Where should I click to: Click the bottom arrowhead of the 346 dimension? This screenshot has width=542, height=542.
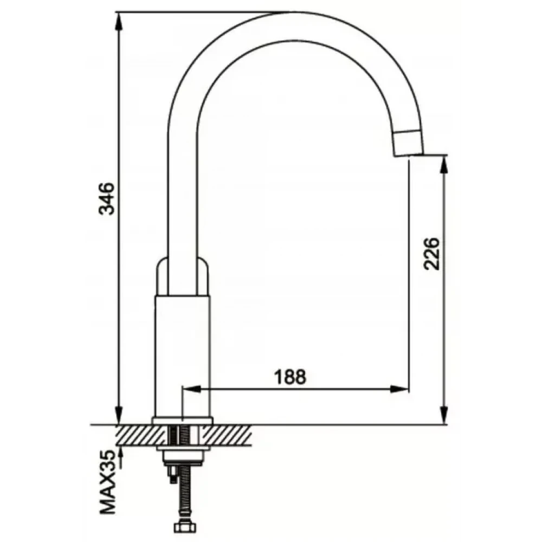[x=119, y=414]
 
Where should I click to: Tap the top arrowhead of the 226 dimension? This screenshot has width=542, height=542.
[x=444, y=166]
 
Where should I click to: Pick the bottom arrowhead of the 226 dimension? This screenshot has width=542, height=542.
[x=444, y=414]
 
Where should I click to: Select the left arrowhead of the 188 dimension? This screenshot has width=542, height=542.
[x=191, y=389]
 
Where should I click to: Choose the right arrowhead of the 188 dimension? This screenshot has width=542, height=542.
[x=399, y=389]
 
